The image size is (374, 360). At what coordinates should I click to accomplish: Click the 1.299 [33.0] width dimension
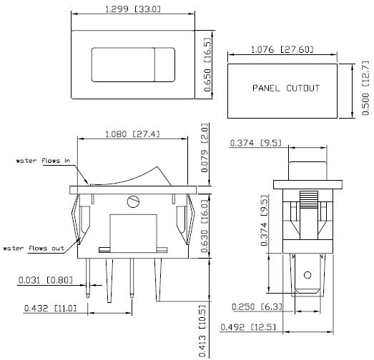133,9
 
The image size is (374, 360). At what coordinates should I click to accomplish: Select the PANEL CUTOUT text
285,89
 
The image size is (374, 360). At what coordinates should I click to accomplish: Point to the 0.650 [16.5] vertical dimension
208,61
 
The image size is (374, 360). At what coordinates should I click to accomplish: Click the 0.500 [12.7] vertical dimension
365,88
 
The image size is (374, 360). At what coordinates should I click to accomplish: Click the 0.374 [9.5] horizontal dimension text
255,144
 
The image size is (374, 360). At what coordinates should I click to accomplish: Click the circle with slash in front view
132,201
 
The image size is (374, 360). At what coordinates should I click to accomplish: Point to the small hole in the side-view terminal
307,274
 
